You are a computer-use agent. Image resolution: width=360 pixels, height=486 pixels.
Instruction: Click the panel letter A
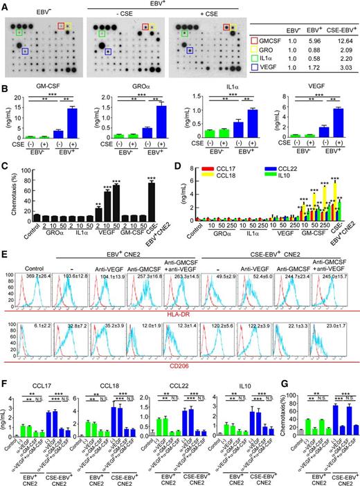click(x=5, y=5)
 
